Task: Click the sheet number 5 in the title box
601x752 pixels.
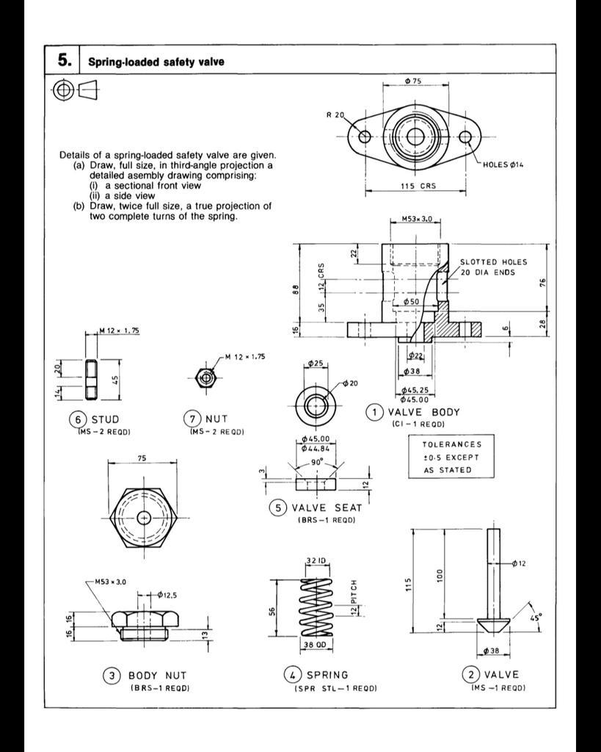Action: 63,60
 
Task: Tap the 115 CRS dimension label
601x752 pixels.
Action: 418,186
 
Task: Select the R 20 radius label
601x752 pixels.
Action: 335,115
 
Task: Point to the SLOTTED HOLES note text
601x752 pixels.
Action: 493,261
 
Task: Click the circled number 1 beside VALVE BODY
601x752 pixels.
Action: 375,412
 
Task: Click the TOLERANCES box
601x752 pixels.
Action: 452,457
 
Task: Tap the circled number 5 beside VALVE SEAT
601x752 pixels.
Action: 277,507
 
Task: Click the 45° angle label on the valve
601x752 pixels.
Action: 536,615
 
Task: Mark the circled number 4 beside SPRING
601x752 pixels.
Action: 292,674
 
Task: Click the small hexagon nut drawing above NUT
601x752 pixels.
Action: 206,378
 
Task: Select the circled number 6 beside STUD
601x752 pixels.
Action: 77,419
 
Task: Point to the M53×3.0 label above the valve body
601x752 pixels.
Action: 417,219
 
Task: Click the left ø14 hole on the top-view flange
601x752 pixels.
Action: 365,137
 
